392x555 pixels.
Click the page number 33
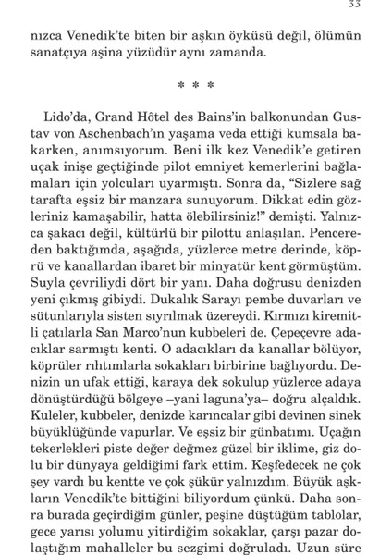[354, 6]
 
